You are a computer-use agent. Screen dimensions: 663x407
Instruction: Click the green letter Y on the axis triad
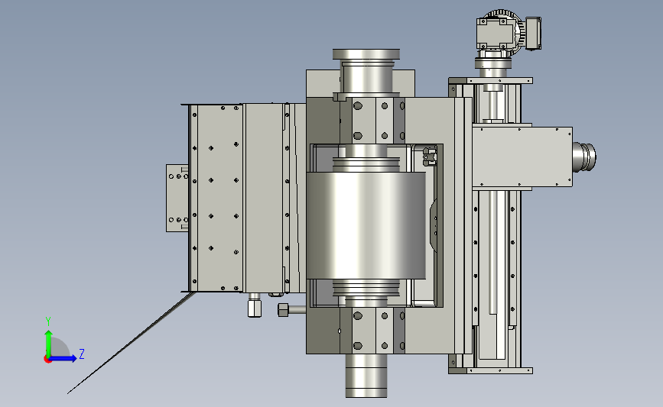click(48, 321)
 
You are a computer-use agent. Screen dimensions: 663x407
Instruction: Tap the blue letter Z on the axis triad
click(82, 354)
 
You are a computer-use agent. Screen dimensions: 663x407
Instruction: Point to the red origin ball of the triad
click(47, 359)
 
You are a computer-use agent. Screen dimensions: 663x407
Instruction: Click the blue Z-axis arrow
click(63, 358)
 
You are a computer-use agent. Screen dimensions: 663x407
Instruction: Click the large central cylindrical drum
click(366, 225)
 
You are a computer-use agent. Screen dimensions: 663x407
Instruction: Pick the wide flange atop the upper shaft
click(366, 54)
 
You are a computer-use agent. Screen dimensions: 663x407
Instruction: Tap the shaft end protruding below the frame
click(366, 376)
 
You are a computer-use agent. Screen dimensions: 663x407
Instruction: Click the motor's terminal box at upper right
click(533, 34)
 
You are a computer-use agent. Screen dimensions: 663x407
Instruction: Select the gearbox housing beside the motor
click(494, 33)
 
